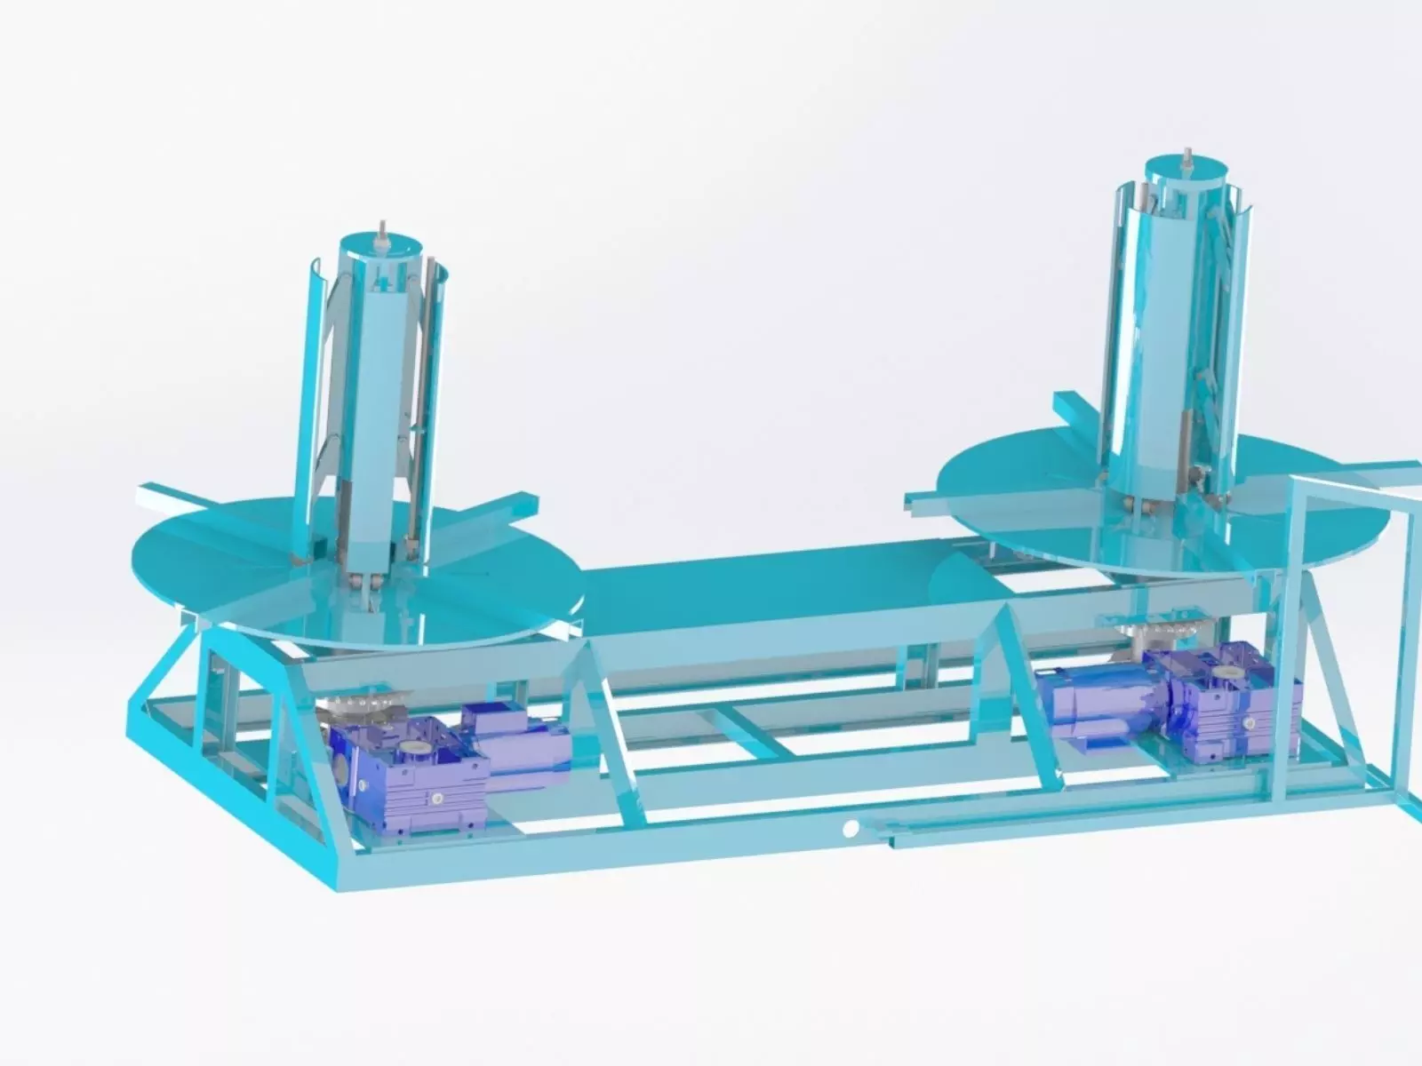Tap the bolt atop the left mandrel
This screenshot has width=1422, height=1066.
coord(382,228)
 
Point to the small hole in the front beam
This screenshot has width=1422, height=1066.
coord(851,829)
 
